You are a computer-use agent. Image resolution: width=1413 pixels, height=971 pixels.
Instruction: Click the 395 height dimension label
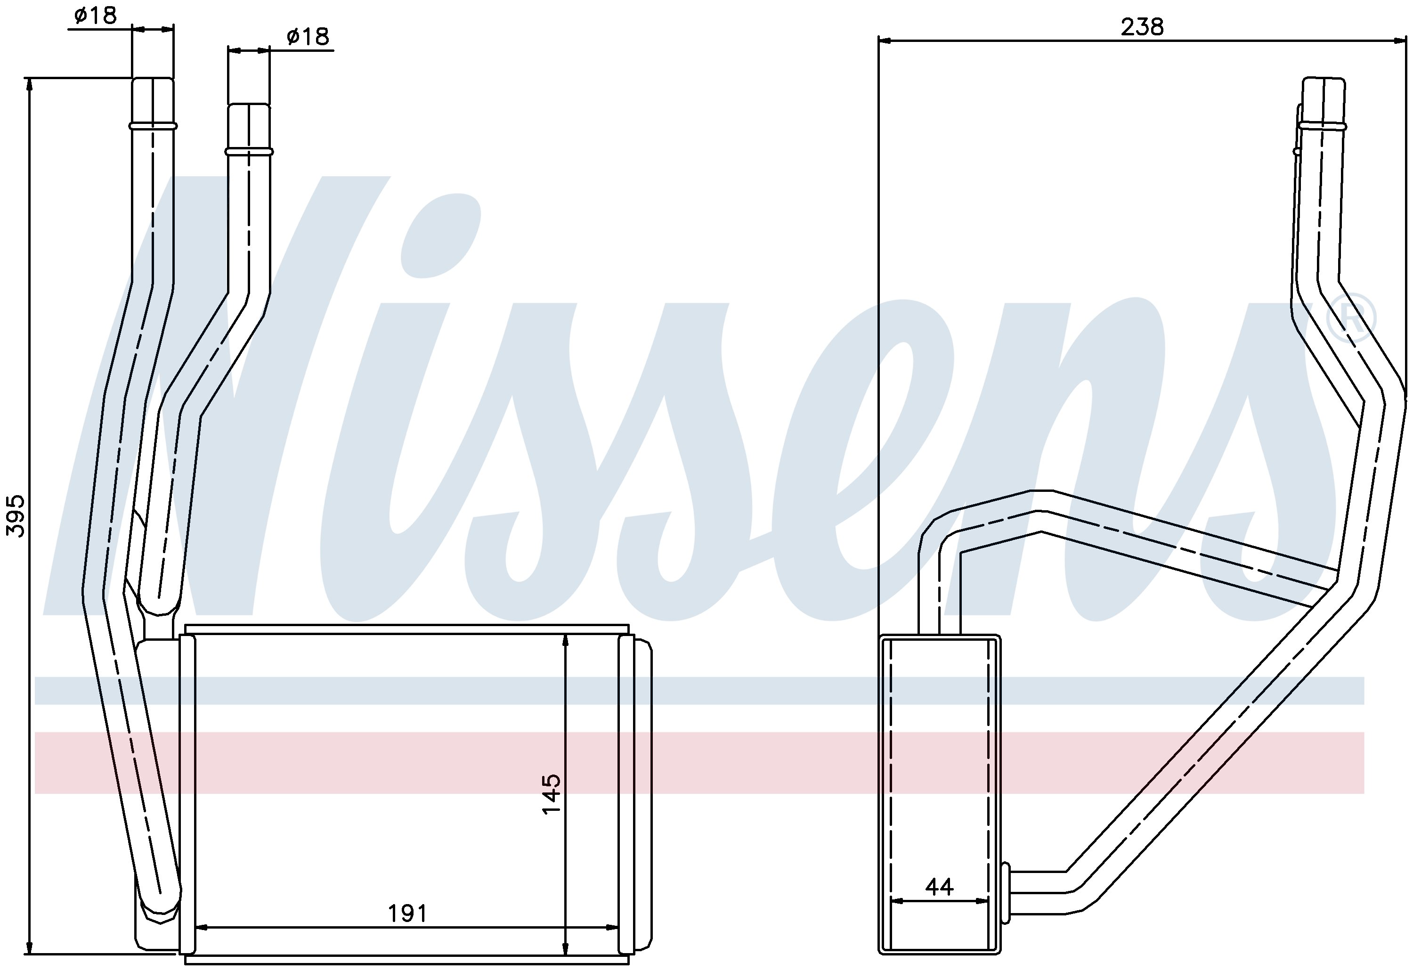click(x=16, y=516)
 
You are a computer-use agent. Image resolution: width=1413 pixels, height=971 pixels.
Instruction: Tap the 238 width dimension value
click(x=1142, y=27)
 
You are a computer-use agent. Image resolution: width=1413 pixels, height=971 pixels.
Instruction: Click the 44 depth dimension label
click(x=939, y=887)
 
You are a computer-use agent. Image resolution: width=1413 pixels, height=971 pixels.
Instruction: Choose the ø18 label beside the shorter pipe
click(x=308, y=36)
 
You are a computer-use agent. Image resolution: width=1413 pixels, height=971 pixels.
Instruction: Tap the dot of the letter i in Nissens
click(x=440, y=236)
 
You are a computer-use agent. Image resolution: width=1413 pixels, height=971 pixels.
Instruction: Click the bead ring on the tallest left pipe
click(x=153, y=126)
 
